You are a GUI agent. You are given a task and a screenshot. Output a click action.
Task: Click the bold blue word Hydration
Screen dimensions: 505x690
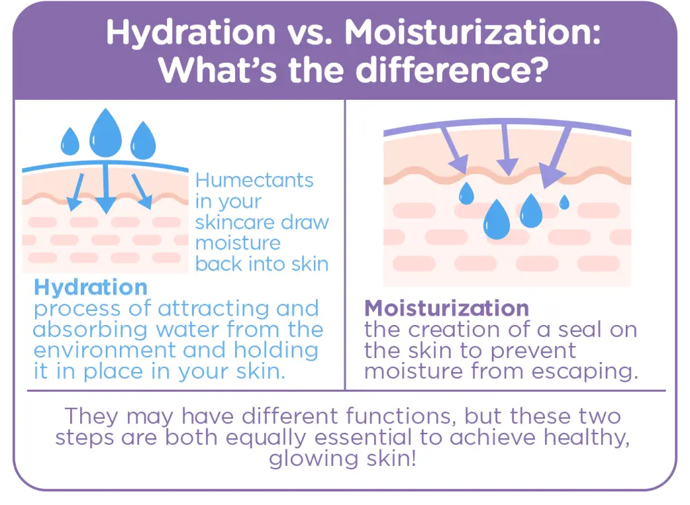pyautogui.click(x=90, y=287)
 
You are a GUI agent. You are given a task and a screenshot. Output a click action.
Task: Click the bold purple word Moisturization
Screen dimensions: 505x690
pyautogui.click(x=446, y=308)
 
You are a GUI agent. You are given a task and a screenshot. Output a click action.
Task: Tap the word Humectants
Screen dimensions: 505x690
pyautogui.click(x=254, y=181)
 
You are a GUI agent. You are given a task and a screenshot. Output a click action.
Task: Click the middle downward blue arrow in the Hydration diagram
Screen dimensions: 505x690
pyautogui.click(x=104, y=189)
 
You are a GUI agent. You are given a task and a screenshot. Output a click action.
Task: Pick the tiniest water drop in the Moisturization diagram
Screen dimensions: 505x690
pyautogui.click(x=564, y=201)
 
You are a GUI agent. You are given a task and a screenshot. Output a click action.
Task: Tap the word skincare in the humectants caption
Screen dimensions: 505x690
pyautogui.click(x=235, y=222)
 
